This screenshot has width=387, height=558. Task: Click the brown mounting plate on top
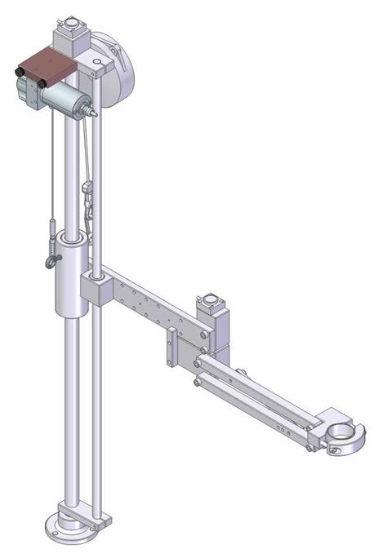[51, 63]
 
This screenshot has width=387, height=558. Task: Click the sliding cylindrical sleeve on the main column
[71, 273]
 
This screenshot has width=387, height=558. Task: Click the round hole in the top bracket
[97, 63]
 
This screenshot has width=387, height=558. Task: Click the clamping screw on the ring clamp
[334, 448]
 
